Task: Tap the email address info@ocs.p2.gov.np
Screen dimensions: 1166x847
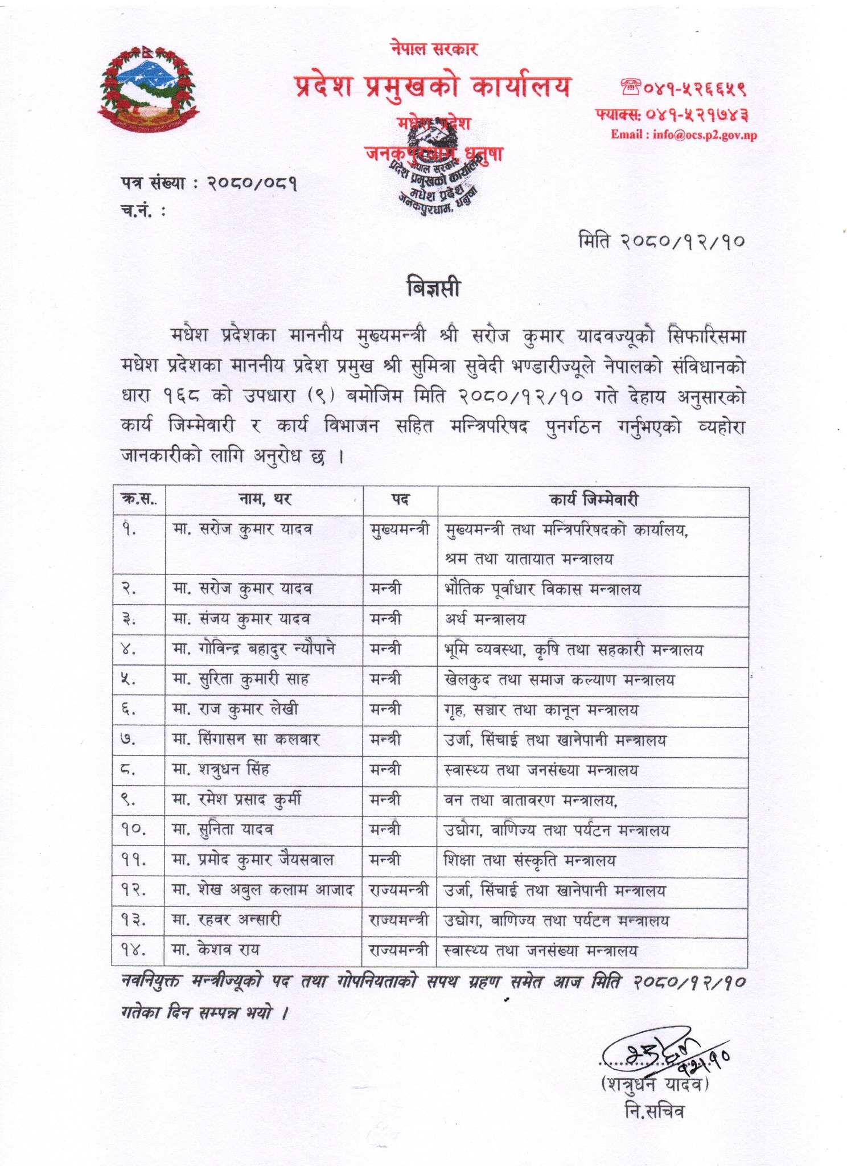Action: pyautogui.click(x=683, y=135)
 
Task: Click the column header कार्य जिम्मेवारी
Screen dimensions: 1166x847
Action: pyautogui.click(x=593, y=500)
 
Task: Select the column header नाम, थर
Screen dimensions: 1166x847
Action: pyautogui.click(x=265, y=500)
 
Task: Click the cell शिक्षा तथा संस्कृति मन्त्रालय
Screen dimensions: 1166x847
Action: pyautogui.click(x=529, y=860)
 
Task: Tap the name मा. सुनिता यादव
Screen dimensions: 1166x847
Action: pyautogui.click(x=223, y=830)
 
